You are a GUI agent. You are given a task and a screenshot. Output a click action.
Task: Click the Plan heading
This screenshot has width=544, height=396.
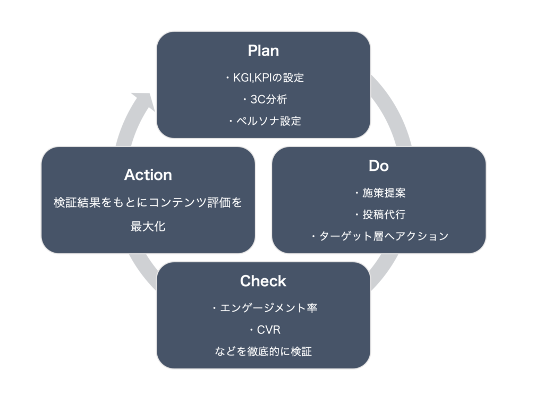click(263, 50)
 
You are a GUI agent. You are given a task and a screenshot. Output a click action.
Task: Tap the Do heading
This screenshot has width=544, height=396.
click(378, 166)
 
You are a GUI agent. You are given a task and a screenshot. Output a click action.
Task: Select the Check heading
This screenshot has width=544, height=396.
click(263, 281)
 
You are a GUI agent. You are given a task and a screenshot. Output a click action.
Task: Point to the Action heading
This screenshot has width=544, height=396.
click(148, 175)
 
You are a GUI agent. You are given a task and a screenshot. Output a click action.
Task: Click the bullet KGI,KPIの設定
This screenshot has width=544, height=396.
click(265, 78)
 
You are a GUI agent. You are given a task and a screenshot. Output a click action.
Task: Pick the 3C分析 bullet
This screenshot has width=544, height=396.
click(265, 99)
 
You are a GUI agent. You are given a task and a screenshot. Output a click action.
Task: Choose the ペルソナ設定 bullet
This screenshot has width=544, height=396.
click(265, 121)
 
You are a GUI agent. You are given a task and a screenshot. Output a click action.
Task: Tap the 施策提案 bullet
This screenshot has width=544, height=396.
click(380, 193)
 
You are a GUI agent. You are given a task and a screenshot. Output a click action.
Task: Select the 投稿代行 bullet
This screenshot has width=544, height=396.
click(380, 214)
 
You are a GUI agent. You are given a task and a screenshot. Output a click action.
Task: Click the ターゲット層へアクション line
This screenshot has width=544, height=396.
click(379, 236)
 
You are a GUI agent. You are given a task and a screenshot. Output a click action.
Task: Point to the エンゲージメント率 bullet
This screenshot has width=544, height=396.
click(265, 307)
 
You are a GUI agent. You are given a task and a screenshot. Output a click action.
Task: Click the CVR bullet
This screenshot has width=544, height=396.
click(265, 330)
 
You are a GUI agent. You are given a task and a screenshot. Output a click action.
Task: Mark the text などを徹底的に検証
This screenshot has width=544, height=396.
click(263, 351)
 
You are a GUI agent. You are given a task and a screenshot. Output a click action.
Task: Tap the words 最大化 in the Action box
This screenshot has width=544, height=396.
click(148, 227)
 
